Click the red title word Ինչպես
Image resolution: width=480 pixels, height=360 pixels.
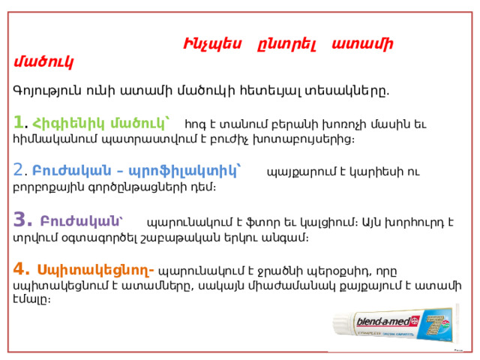tap(212, 43)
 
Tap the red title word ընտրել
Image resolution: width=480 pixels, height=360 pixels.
tap(286, 45)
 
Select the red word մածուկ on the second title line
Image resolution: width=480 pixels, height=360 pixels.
tap(43, 62)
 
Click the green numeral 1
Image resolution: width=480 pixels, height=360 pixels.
tap(19, 122)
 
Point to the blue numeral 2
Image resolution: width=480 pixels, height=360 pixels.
tap(18, 169)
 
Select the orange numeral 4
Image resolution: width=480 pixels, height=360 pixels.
tap(19, 268)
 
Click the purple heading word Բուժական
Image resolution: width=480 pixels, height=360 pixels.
tap(81, 221)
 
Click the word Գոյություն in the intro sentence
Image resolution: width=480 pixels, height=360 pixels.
tap(47, 91)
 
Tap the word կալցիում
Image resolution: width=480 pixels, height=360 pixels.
tap(328, 222)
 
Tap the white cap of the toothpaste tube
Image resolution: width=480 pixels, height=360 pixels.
tap(342, 325)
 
